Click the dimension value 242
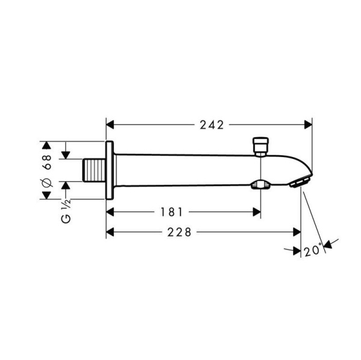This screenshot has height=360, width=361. coord(211,125)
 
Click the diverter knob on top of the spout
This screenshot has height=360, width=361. coord(261,146)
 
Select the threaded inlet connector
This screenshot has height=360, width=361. coord(93,171)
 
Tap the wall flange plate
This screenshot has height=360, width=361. coord(110,171)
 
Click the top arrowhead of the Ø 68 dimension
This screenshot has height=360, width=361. coord(46,146)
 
